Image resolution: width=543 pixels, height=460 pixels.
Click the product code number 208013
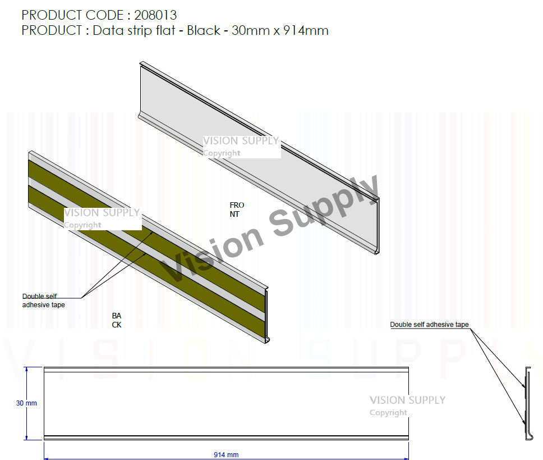(155, 15)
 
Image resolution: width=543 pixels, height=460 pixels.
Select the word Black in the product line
(203, 30)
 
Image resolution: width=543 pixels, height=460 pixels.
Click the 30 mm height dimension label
(26, 403)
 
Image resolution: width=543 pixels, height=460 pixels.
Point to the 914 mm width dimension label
(226, 454)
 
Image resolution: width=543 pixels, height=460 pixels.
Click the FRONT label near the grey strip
(237, 209)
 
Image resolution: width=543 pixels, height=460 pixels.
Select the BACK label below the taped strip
(116, 320)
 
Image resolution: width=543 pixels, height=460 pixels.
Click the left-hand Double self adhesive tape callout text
(43, 300)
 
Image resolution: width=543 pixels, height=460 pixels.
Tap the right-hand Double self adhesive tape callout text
(429, 325)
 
